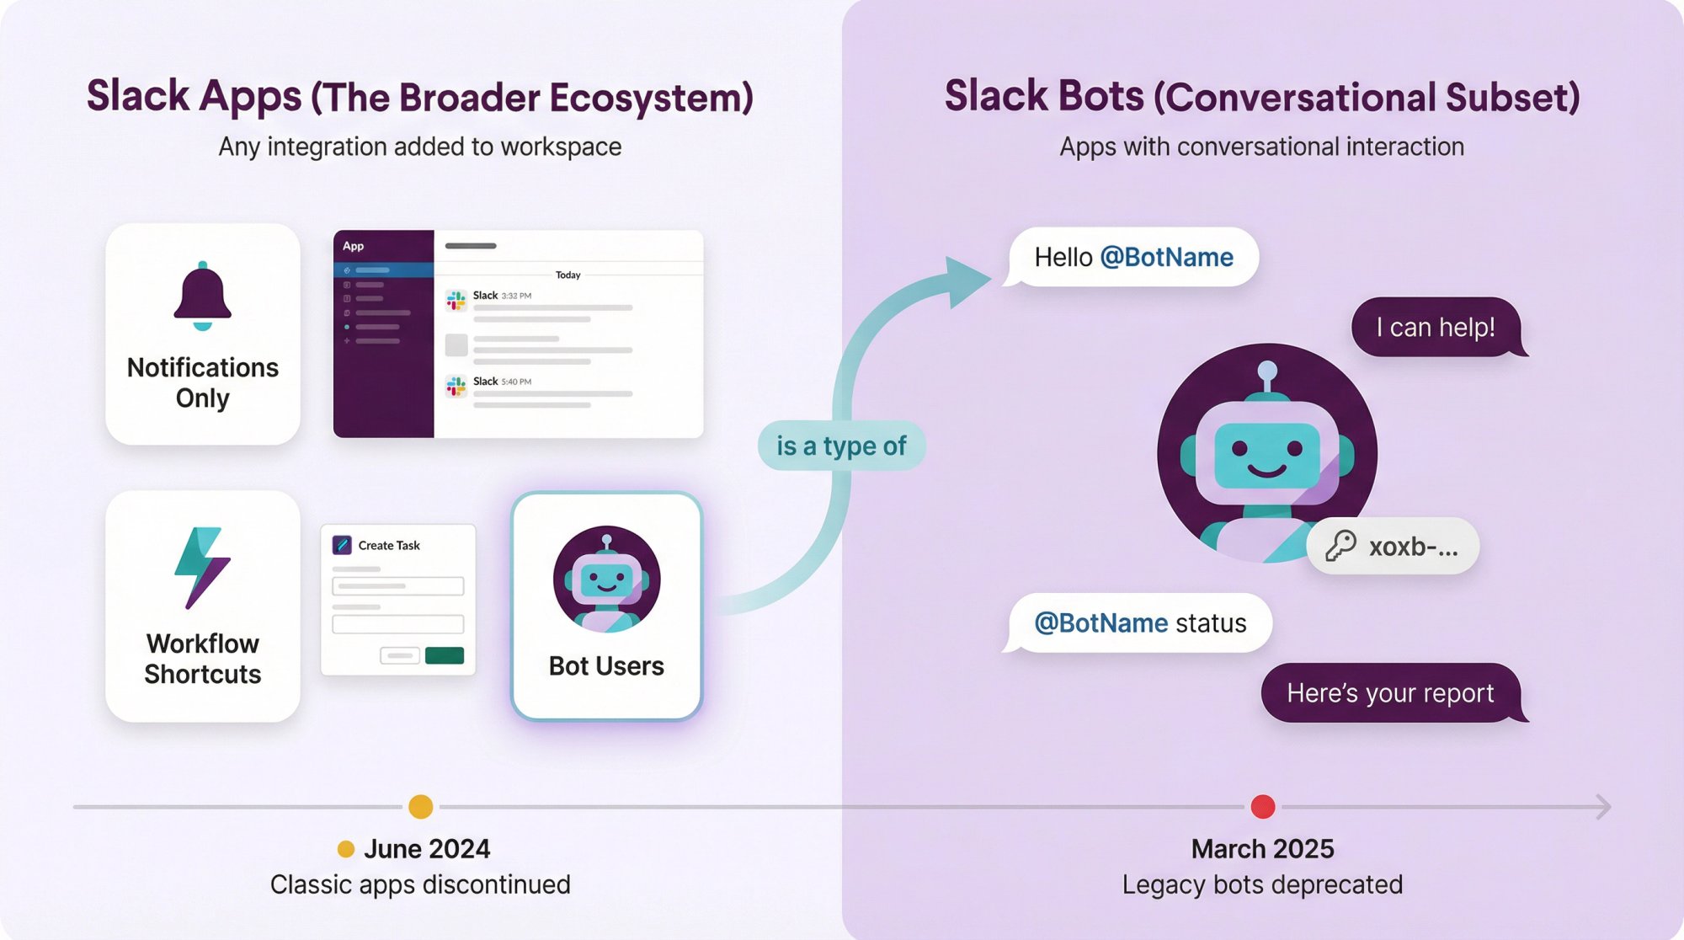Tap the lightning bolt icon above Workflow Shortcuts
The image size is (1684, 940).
pos(201,567)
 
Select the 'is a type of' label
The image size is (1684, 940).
pos(840,446)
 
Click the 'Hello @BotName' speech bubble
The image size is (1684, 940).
pos(1132,257)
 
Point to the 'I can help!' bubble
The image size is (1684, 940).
pos(1436,327)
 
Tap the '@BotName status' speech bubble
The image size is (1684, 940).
pos(1139,623)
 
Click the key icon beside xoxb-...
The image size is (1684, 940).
pos(1340,546)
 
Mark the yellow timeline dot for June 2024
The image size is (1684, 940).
pos(420,806)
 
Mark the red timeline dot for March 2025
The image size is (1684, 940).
pos(1262,806)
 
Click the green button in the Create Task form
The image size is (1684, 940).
pos(444,655)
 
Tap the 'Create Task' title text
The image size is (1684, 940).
pos(389,545)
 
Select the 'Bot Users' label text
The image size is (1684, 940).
pos(606,666)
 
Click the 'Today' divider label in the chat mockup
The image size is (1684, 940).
pos(568,275)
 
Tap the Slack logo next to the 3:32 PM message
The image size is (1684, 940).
pos(456,301)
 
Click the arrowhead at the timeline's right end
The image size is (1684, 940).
pos(1603,806)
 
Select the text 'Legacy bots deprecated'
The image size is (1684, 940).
pos(1262,884)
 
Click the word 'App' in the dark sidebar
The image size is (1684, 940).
pos(353,246)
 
